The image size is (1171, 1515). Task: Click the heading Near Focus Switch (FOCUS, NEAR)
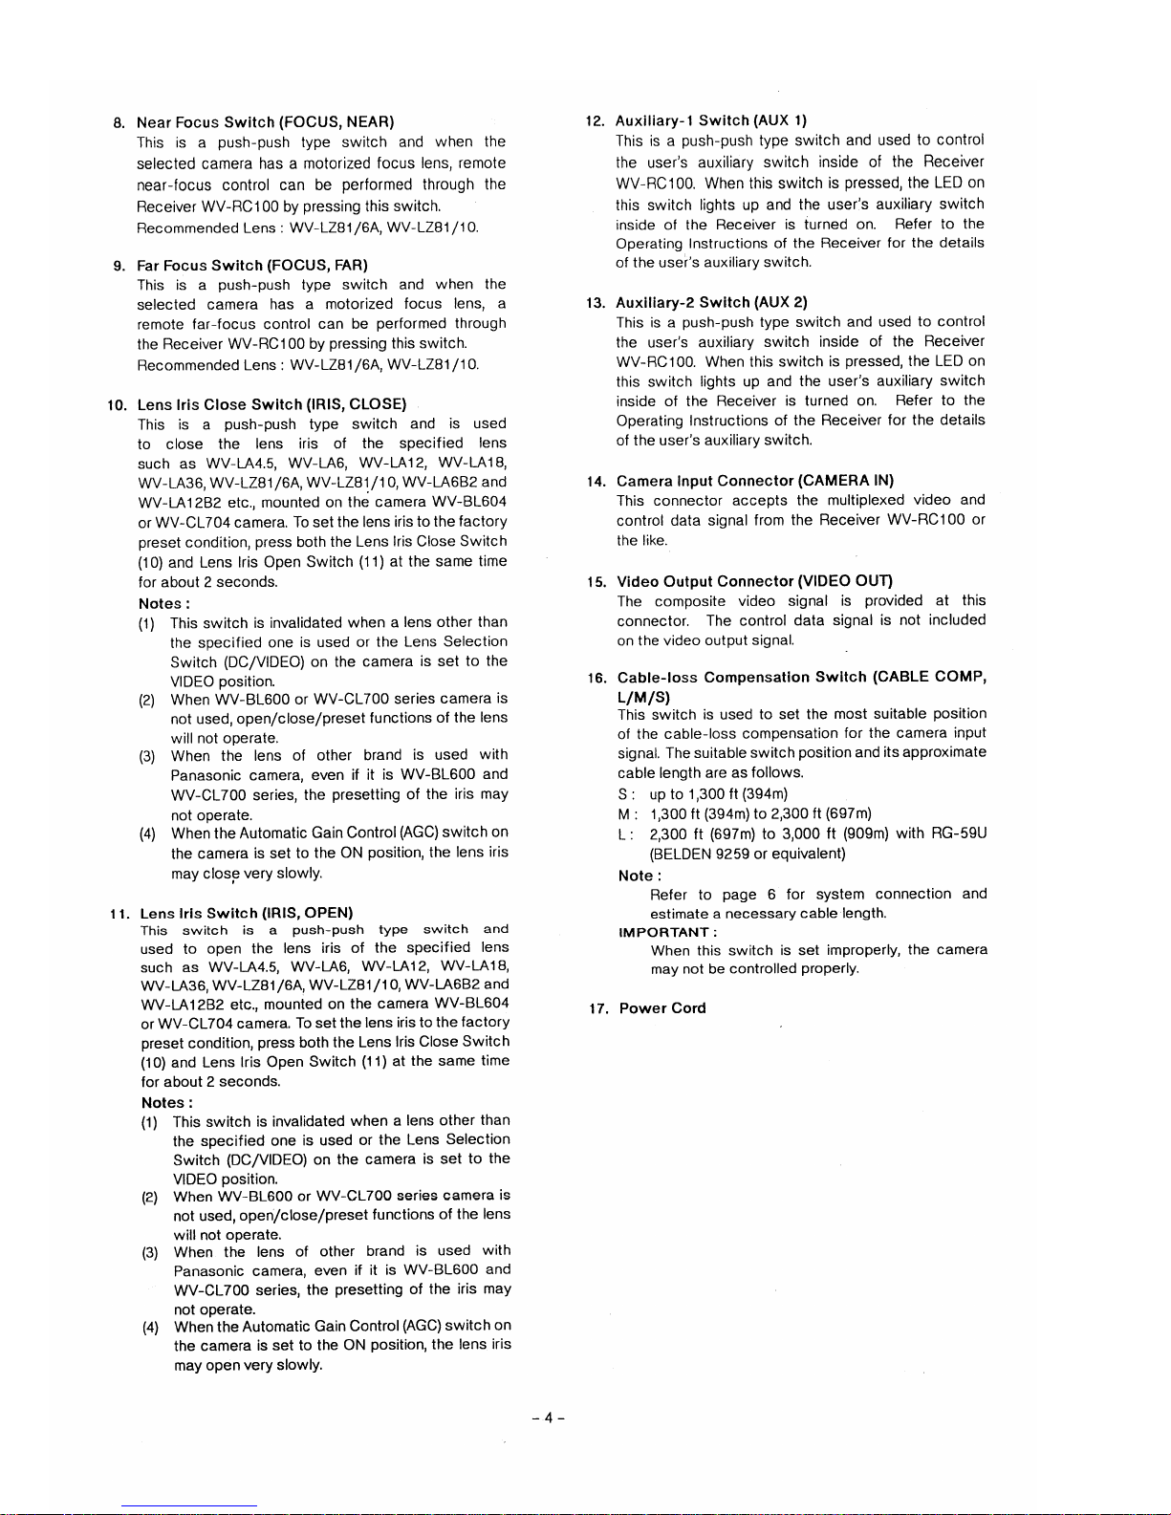tap(266, 122)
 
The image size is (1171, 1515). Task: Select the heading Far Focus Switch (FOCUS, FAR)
tap(252, 265)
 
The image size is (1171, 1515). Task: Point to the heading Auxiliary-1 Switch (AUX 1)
tap(711, 120)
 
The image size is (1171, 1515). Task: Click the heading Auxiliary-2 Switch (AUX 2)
tap(711, 302)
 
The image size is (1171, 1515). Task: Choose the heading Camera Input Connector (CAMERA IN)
tap(755, 481)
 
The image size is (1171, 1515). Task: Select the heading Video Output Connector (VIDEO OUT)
tap(754, 581)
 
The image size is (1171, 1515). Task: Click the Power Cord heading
tap(662, 1008)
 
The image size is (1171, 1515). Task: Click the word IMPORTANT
tap(666, 932)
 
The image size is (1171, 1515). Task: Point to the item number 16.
tap(596, 678)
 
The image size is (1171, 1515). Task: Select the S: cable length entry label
tap(625, 794)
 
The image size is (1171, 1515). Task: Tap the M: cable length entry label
tap(625, 814)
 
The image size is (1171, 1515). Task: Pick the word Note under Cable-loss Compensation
tap(637, 876)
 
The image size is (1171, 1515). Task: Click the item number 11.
tap(119, 913)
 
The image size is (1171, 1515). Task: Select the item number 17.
tap(596, 1008)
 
